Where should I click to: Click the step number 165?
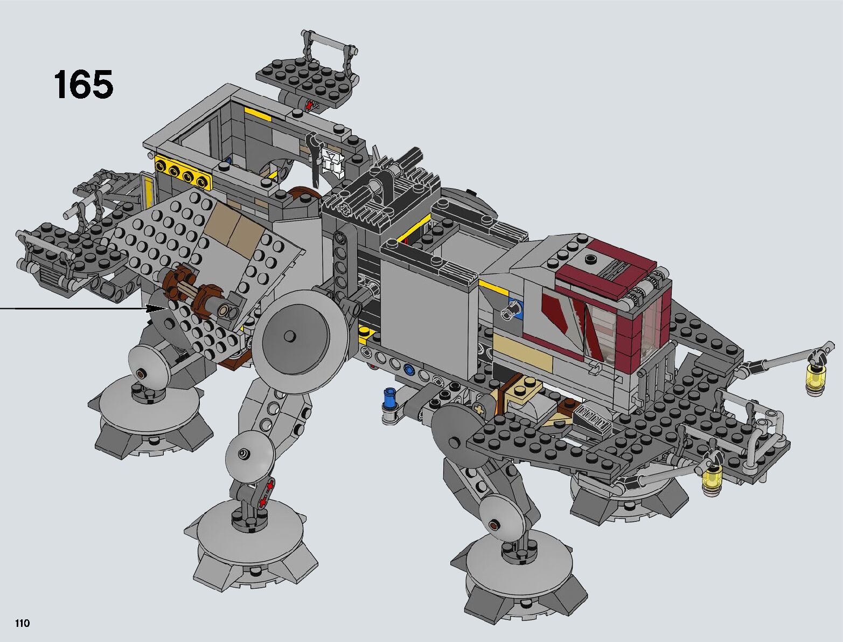coord(83,85)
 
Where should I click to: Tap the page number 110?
coord(22,623)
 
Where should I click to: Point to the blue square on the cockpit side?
coord(515,308)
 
